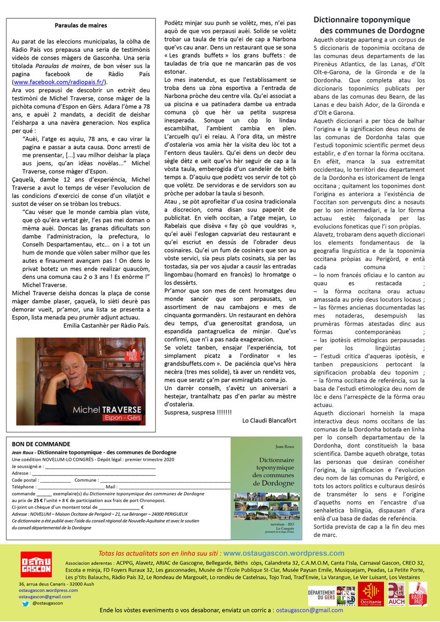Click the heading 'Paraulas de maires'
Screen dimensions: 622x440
click(x=81, y=25)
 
